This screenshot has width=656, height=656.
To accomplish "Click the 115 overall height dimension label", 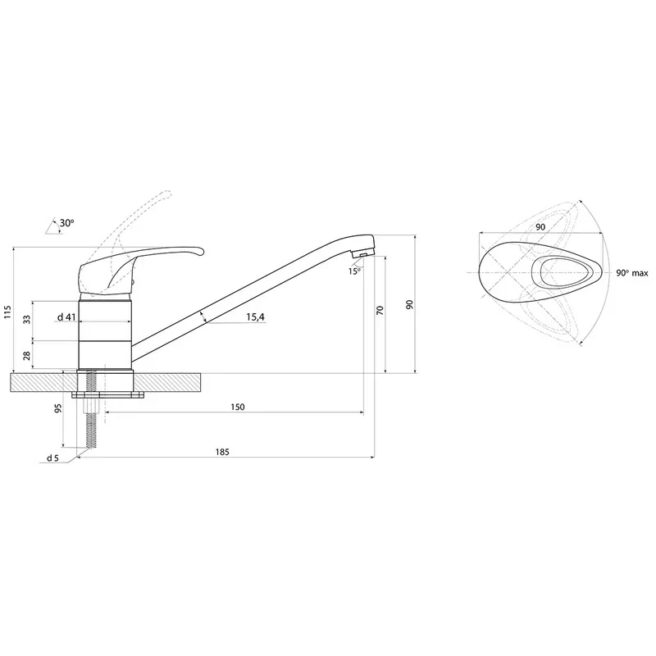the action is (x=7, y=312).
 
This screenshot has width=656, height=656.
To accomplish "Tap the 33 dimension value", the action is (x=27, y=320).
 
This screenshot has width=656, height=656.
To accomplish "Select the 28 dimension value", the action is (x=27, y=356).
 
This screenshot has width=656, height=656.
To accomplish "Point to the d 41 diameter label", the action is (x=66, y=317).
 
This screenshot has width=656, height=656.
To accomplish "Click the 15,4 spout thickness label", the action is (x=255, y=317).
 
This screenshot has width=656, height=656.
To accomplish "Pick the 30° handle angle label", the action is (x=66, y=222).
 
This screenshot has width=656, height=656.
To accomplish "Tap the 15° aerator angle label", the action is (x=354, y=271).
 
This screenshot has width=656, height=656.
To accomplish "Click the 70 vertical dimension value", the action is (x=380, y=310).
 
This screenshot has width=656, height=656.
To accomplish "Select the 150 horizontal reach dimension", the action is (x=237, y=407).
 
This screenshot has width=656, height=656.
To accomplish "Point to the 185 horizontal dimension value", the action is (x=222, y=452).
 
